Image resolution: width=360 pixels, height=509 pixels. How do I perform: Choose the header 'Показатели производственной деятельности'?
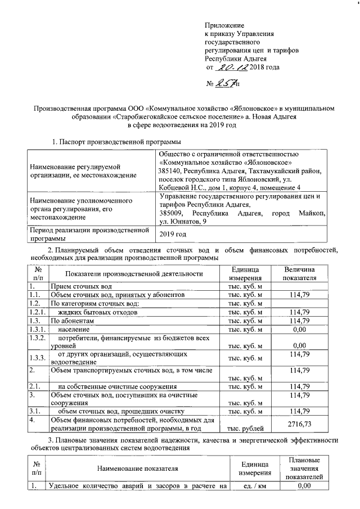click(133, 274)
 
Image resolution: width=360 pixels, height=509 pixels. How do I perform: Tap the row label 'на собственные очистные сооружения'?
click(118, 386)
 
